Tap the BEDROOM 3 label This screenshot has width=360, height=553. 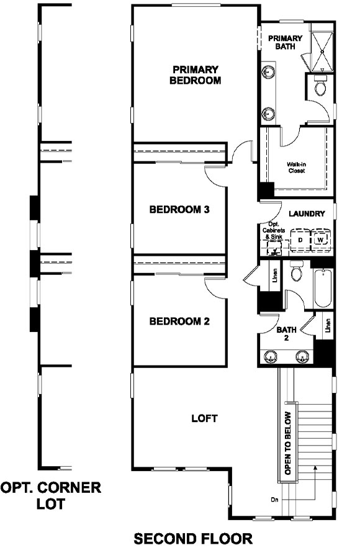tap(179, 209)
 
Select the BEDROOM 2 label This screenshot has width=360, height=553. tap(179, 321)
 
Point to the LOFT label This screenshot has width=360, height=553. tap(204, 418)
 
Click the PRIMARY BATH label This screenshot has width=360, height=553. tap(286, 42)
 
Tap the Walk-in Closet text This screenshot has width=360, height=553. tap(297, 168)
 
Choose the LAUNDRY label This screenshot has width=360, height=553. tap(307, 214)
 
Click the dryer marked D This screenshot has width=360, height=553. tap(300, 240)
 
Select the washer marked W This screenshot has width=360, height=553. tap(320, 240)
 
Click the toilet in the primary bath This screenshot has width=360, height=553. tap(320, 88)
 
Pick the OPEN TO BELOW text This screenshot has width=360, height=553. tap(287, 443)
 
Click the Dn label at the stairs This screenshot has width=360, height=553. tap(275, 499)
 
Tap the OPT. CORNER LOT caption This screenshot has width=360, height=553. tap(51, 495)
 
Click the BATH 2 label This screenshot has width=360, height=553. tap(287, 334)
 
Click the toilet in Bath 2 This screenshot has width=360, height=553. tap(296, 272)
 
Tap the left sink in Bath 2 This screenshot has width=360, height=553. tap(271, 357)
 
